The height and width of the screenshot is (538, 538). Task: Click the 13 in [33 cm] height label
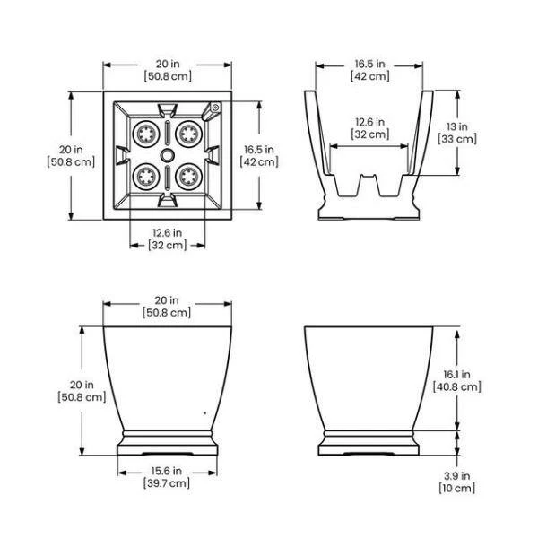pos(457,133)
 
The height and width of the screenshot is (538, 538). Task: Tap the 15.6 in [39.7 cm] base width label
pos(167,477)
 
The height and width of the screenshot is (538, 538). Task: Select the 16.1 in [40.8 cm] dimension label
pos(457,380)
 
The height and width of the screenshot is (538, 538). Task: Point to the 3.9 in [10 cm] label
pos(457,482)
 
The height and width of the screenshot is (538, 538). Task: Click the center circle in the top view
pos(167,155)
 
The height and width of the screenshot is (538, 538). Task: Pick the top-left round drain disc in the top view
pos(146,134)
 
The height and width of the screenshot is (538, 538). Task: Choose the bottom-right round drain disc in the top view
pos(188,177)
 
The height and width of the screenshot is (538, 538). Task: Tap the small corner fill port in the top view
pos(215,108)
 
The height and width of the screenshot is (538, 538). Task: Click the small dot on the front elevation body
pos(204,413)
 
